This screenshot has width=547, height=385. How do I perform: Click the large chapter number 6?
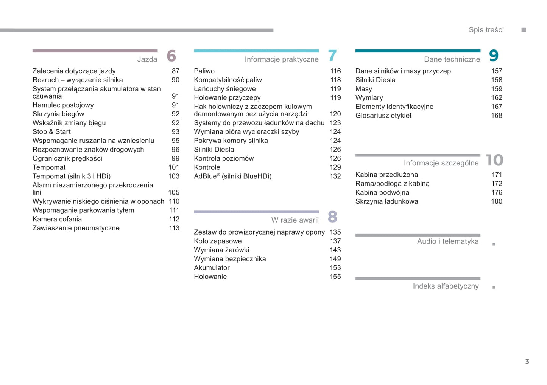[x=171, y=56]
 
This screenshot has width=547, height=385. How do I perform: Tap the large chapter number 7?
[x=332, y=56]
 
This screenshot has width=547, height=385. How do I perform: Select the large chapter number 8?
[x=332, y=217]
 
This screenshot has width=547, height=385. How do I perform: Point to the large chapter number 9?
[x=494, y=56]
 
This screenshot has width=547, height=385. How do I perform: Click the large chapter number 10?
[x=494, y=160]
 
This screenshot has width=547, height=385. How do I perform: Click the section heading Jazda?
[x=147, y=59]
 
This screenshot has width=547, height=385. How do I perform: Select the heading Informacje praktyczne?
[x=281, y=59]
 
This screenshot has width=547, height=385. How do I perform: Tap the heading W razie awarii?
[x=295, y=220]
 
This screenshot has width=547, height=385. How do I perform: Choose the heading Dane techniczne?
[x=452, y=59]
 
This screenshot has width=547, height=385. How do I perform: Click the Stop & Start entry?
[x=51, y=132]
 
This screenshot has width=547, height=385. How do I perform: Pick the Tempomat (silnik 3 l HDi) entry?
[x=72, y=176]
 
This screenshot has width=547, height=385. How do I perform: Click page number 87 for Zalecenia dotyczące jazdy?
[x=175, y=71]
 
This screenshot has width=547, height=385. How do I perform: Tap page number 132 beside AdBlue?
[x=335, y=176]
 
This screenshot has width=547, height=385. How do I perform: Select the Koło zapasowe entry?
[x=218, y=241]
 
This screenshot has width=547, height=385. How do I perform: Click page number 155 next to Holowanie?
[x=335, y=277]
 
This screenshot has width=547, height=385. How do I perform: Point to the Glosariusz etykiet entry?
[x=383, y=116]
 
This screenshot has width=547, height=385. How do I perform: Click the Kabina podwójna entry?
[x=382, y=193]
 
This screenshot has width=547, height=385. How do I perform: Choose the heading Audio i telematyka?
[x=447, y=241]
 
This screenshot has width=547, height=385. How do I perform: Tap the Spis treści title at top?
[x=486, y=30]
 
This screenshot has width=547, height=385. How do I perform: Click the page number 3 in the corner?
[x=527, y=362]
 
